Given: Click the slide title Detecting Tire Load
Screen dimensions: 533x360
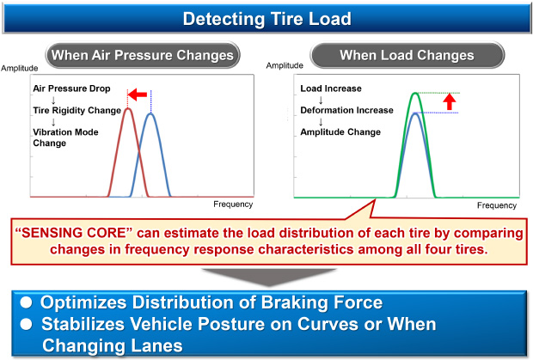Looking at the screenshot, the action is coord(266,19).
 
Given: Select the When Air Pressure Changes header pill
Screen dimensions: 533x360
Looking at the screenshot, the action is coord(143,55).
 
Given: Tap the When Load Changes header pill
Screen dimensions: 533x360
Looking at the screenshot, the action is coord(407,55).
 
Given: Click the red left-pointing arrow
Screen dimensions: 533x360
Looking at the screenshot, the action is coord(138,95).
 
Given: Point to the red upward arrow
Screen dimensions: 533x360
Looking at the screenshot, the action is coord(450,101).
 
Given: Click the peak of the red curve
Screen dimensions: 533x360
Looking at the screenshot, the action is coord(128,108).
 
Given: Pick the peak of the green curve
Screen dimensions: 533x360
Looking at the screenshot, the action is coord(415,93).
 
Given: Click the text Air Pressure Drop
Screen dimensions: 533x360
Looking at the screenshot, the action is coord(71,88).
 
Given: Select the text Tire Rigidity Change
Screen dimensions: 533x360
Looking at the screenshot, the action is coord(77,110).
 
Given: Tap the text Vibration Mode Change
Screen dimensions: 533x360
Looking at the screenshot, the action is coord(65,137).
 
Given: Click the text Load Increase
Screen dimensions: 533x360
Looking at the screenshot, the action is coord(331,88).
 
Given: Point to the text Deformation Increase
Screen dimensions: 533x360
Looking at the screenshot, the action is coord(346,110).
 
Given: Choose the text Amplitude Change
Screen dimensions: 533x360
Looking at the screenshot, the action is coord(340,132).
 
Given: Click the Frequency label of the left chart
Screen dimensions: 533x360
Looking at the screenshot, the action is coord(233,204).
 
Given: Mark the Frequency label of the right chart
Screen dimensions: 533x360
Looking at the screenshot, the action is coord(497,205).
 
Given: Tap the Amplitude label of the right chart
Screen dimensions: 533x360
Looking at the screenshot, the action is coord(285,65).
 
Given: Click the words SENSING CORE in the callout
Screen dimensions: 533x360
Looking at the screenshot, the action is coord(74,233).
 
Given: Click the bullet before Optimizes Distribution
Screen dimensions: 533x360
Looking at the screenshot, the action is coord(26,302).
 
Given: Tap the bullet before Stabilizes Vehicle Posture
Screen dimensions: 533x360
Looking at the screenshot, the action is coord(26,324).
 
